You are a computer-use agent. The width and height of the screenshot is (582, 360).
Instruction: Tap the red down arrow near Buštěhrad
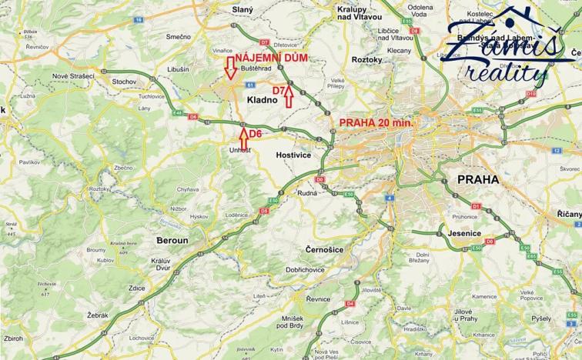point(229,68)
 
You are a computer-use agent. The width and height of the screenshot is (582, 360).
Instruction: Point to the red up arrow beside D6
point(244,137)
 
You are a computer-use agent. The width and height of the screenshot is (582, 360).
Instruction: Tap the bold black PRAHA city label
point(477,179)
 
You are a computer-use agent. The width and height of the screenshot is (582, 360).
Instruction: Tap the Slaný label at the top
point(242,9)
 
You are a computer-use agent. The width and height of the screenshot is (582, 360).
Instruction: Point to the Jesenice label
point(464,233)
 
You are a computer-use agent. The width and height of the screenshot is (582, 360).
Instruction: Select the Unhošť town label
point(240,151)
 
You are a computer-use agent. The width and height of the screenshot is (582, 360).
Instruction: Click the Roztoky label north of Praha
point(366,59)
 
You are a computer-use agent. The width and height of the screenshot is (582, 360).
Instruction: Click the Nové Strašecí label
point(70,77)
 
